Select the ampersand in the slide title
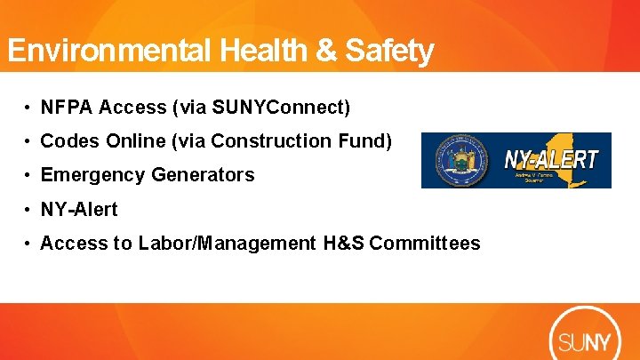click(x=315, y=50)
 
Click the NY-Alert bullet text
click(x=79, y=210)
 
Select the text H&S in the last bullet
click(x=342, y=244)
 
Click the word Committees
click(x=425, y=244)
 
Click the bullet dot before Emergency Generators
click(x=29, y=176)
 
